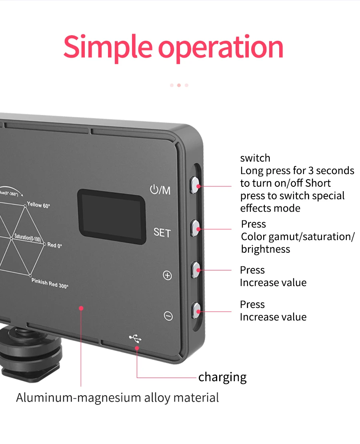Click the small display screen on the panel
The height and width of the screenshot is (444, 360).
click(111, 216)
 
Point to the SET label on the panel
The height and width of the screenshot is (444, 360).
click(162, 232)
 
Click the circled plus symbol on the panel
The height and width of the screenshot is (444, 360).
click(168, 275)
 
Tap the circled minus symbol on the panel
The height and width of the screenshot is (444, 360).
click(168, 316)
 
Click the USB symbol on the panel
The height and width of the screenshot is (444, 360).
click(135, 339)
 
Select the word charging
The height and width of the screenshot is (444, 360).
click(222, 377)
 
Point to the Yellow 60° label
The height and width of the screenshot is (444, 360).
click(38, 205)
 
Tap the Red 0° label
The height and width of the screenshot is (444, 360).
click(55, 245)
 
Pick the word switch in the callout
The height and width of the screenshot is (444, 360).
click(255, 158)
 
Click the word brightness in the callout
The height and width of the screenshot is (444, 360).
click(266, 249)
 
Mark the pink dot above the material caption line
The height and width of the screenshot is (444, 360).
click(81, 308)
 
